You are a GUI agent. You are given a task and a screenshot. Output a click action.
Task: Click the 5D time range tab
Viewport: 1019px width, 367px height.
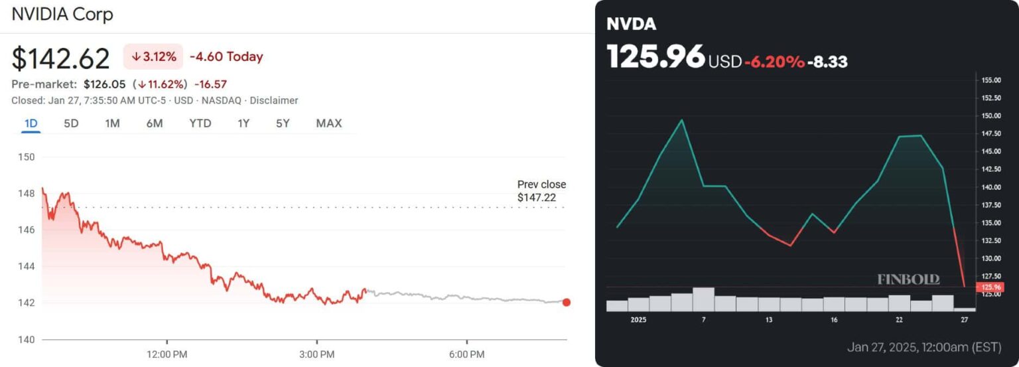71,123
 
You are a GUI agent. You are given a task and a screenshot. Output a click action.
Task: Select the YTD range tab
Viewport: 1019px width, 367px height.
200,123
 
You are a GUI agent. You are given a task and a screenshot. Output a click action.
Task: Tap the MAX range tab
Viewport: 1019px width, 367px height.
328,123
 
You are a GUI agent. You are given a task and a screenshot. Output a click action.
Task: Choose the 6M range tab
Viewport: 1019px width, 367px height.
155,123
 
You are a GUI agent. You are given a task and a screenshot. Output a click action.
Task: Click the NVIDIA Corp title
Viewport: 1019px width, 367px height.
62,15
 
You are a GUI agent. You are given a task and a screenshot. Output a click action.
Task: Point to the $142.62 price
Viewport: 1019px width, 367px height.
60,59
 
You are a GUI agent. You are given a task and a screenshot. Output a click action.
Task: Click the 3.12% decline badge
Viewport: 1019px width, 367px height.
153,57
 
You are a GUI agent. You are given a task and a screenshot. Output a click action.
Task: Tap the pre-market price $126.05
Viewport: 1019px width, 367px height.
105,84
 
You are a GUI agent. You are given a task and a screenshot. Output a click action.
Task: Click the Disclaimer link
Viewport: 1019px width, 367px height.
273,101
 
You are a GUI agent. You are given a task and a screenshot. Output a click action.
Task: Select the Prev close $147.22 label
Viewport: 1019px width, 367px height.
541,191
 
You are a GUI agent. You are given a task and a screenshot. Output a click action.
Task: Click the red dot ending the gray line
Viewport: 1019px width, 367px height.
566,303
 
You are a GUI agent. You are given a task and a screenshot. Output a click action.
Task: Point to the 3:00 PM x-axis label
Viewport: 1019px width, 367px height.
316,355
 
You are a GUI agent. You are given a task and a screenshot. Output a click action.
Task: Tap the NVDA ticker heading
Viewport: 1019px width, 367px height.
631,25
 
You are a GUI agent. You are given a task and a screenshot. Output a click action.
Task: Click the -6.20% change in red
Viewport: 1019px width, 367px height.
774,62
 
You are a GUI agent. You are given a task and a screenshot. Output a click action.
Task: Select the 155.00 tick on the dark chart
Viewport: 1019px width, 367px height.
990,80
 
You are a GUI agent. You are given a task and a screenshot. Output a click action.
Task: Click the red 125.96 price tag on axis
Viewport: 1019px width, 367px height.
988,287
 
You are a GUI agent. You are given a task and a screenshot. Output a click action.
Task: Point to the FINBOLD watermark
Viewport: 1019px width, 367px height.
908,279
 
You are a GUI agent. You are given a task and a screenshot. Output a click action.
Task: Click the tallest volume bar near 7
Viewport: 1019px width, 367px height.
703,299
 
